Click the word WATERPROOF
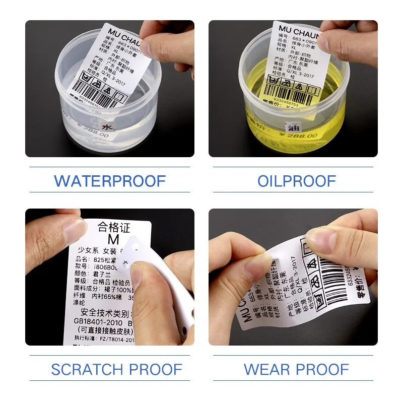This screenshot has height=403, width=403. (109, 180)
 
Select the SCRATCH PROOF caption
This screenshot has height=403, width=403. (116, 369)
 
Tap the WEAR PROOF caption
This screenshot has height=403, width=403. (296, 369)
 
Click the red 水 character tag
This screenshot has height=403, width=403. (107, 128)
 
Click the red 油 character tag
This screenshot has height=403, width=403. (292, 129)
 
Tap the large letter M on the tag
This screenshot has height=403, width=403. (115, 240)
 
